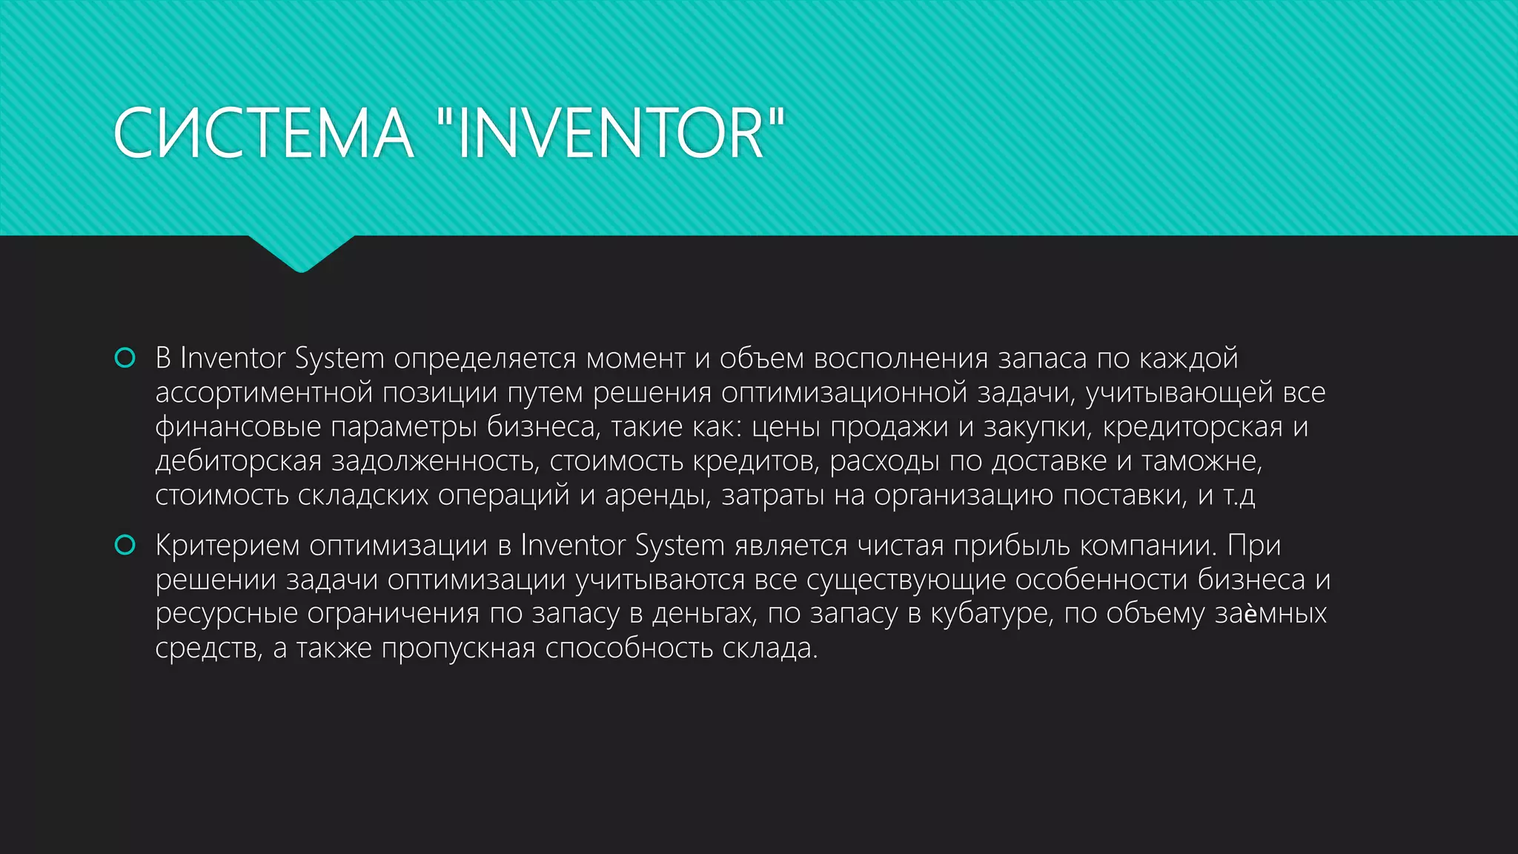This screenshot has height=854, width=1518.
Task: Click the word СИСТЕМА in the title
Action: tap(263, 133)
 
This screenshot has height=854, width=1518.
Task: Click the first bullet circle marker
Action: tap(125, 358)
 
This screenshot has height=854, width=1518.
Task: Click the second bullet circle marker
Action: tap(125, 546)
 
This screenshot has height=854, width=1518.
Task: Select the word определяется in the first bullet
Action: tap(485, 359)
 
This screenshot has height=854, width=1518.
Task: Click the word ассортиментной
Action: tap(263, 393)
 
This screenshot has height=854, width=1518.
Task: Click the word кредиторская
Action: tap(1193, 427)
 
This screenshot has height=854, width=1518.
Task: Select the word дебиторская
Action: tap(238, 461)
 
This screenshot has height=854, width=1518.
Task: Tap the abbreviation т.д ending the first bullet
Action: tap(1239, 495)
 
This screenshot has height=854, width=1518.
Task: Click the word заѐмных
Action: tap(1270, 614)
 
